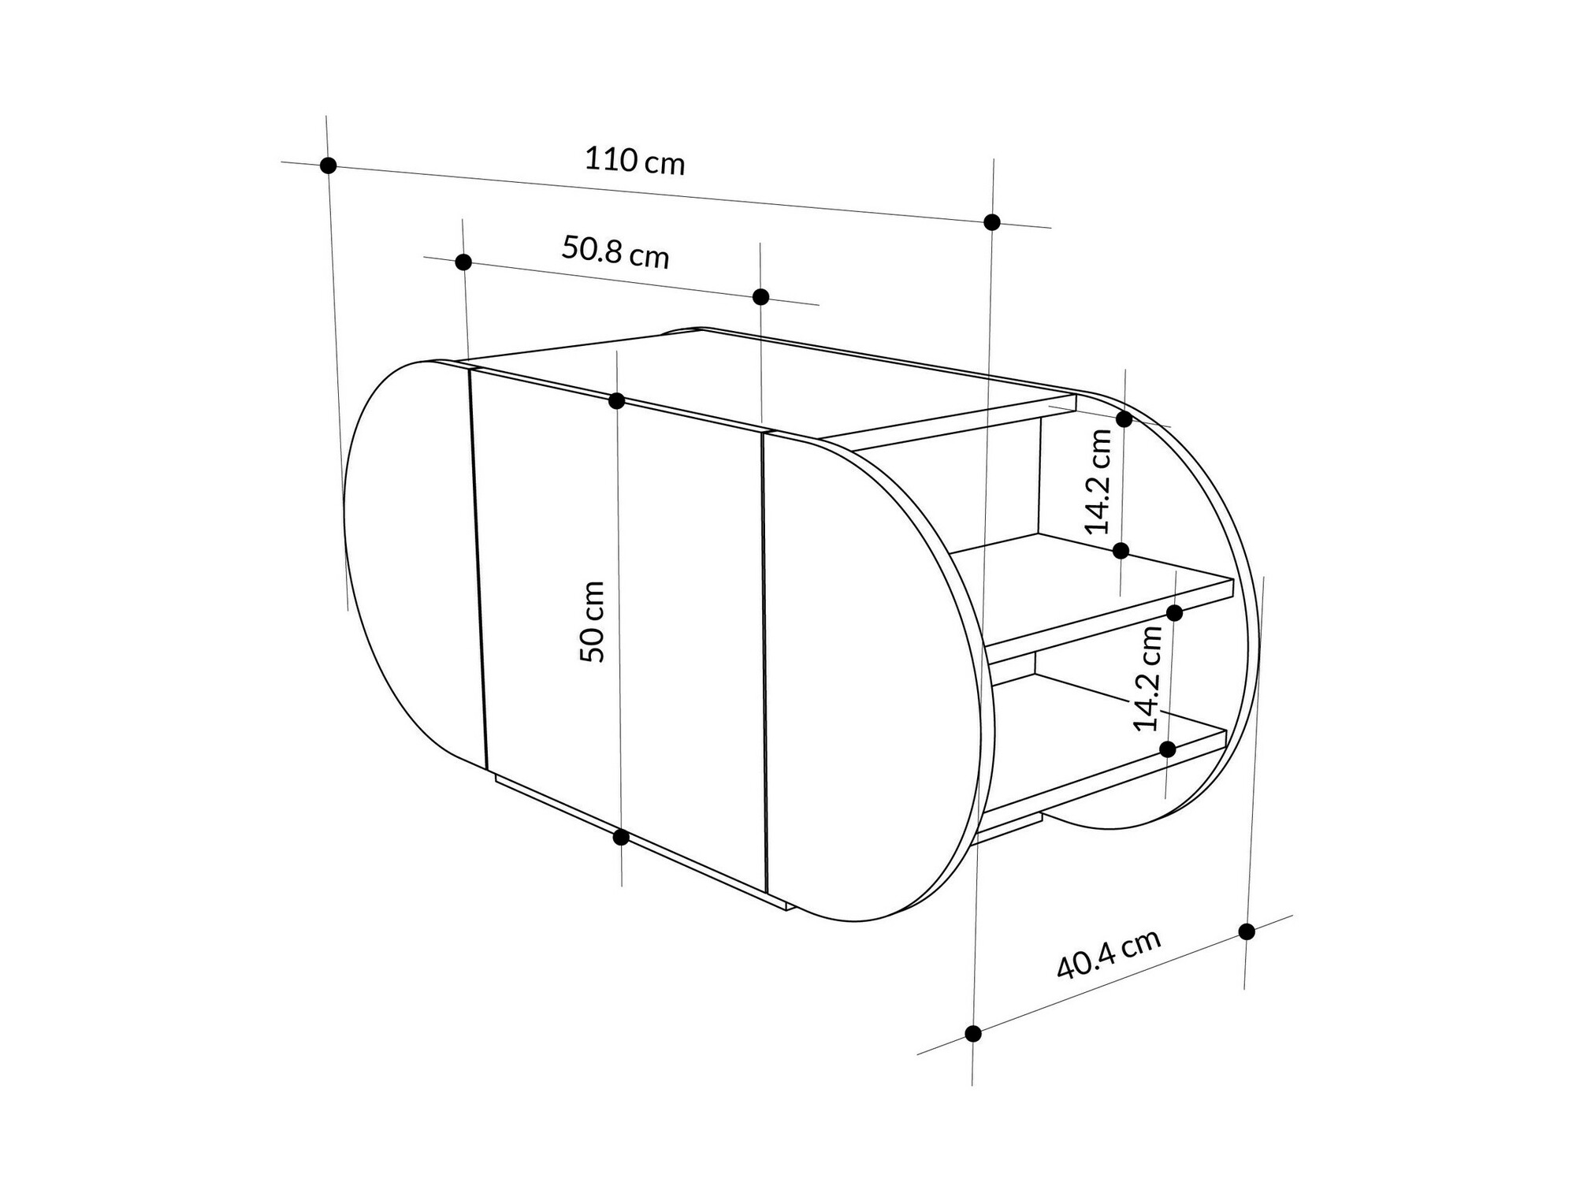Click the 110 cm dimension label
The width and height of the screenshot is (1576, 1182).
click(x=634, y=161)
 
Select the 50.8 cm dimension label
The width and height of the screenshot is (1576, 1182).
click(x=615, y=252)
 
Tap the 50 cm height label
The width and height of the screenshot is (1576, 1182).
click(x=593, y=622)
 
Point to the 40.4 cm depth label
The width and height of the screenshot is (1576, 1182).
click(x=1108, y=954)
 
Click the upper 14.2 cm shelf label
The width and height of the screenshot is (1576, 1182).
click(x=1098, y=481)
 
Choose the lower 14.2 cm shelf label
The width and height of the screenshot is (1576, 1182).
click(x=1147, y=678)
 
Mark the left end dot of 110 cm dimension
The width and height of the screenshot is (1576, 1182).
click(x=329, y=165)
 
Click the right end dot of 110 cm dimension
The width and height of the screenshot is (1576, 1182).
click(x=992, y=222)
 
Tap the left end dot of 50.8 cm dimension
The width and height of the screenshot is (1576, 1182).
click(x=463, y=262)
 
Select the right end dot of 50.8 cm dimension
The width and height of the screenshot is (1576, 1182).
click(x=760, y=297)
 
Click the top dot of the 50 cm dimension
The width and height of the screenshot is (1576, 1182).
click(x=617, y=401)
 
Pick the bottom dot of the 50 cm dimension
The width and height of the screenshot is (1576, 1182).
click(x=621, y=837)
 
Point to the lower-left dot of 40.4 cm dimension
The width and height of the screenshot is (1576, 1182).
click(x=973, y=1033)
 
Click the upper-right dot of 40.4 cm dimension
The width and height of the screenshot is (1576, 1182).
click(x=1247, y=931)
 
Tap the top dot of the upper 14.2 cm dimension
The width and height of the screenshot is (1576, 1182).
click(x=1124, y=419)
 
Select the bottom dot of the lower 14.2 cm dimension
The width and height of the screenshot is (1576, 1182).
click(x=1168, y=749)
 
